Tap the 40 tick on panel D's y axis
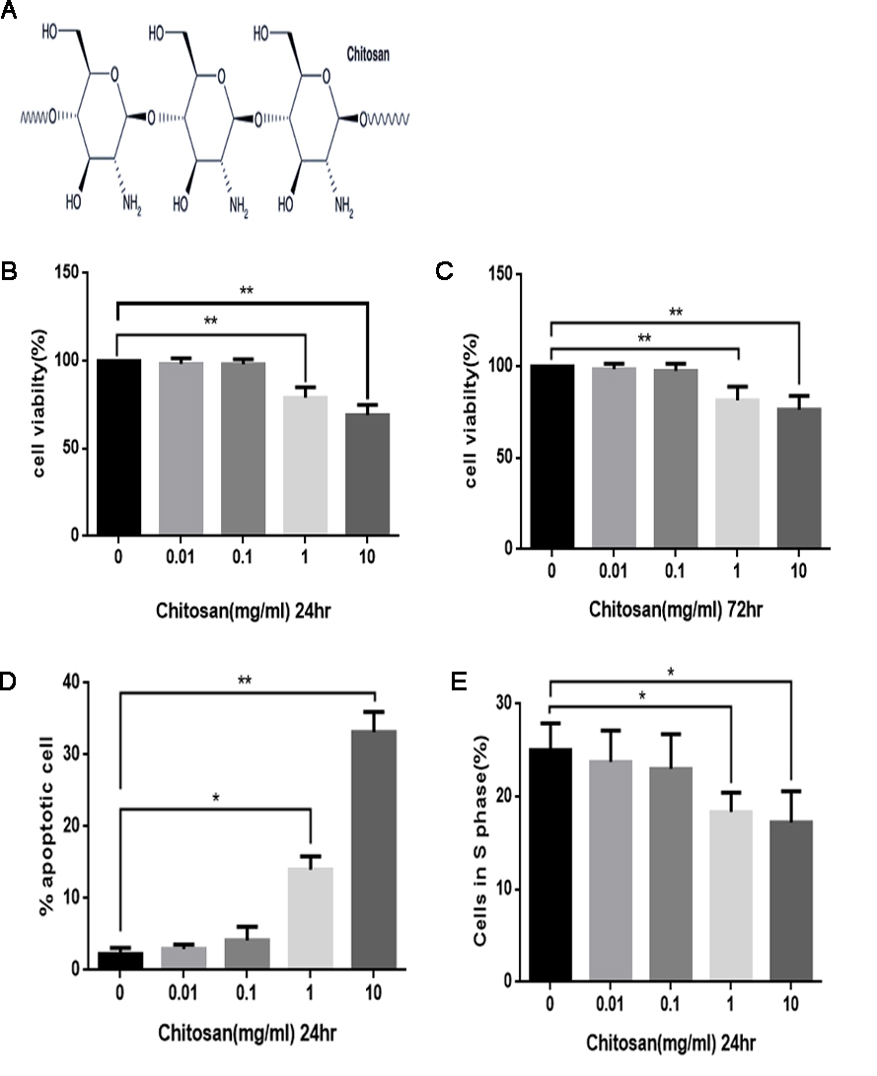[x=74, y=681]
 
